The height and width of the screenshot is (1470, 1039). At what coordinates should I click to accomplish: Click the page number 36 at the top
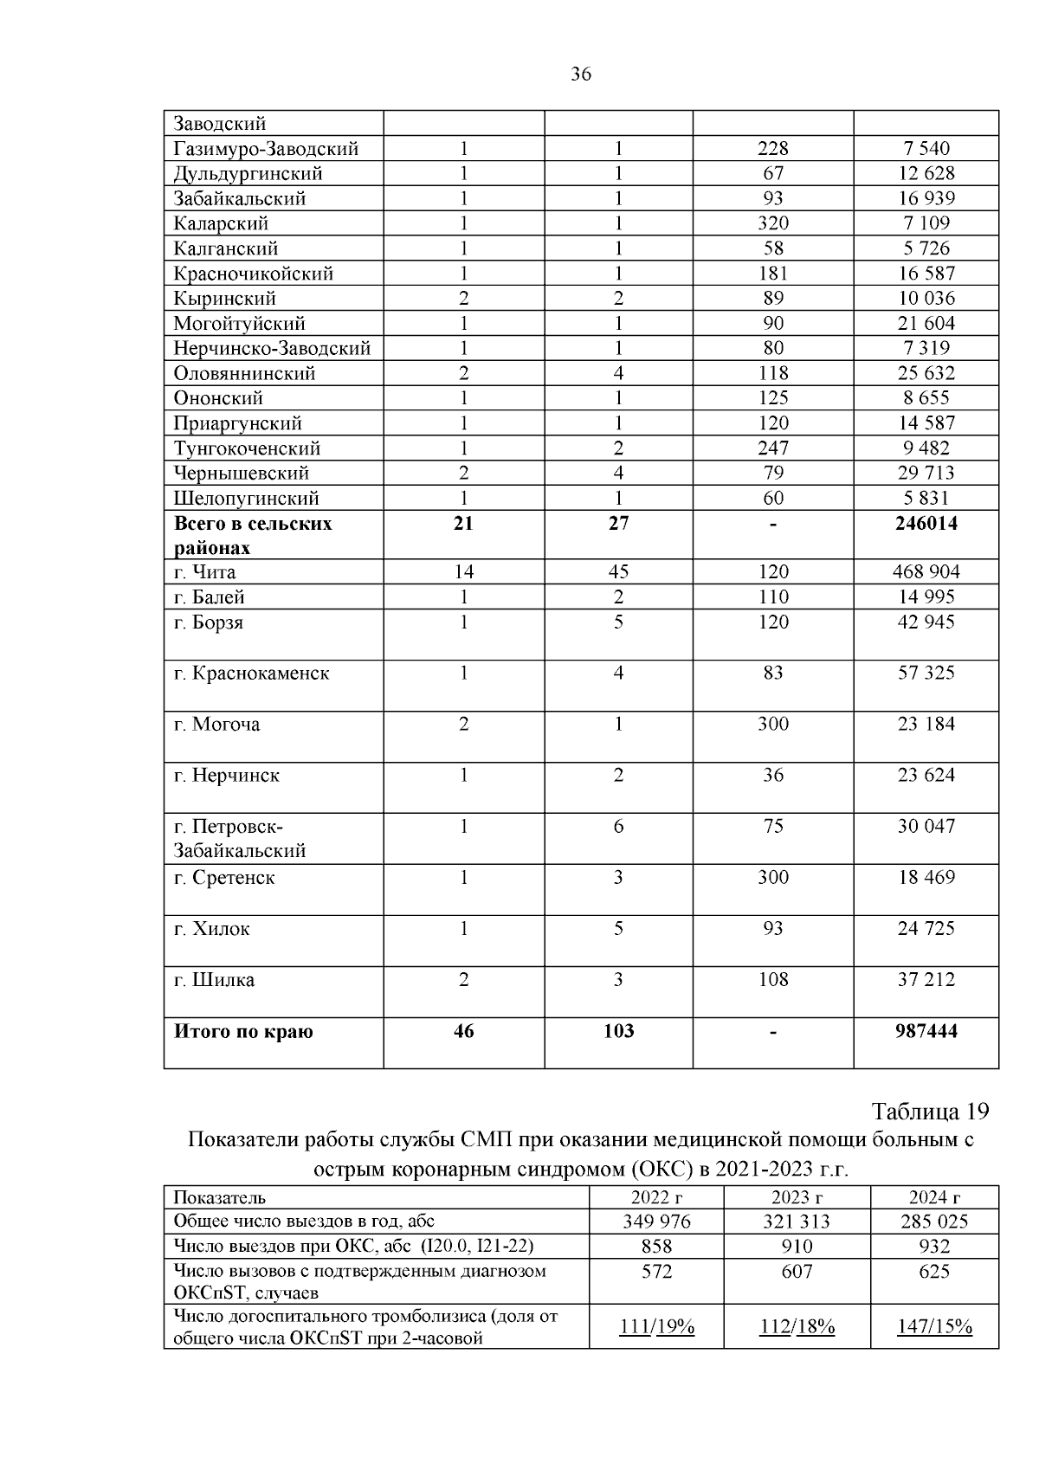581,75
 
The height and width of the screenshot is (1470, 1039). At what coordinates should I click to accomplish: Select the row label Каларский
221,223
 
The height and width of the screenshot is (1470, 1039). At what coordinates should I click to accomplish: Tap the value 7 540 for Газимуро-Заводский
926,149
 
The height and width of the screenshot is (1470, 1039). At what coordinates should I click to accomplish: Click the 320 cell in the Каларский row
772,223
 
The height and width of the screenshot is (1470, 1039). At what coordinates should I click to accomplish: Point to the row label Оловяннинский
244,373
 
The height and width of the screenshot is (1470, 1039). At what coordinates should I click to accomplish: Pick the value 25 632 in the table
926,373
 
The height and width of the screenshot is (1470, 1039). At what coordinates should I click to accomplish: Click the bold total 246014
926,523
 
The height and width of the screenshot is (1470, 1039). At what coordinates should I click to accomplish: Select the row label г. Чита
204,572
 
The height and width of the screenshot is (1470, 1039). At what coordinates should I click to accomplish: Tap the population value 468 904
926,572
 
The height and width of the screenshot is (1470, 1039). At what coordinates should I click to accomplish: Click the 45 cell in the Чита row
618,572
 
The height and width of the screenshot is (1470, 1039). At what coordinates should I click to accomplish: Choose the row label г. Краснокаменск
251,674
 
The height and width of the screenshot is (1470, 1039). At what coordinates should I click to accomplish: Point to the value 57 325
926,674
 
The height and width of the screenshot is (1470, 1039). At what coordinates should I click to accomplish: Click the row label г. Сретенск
224,878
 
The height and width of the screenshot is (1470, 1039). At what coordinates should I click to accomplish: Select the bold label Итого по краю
243,1031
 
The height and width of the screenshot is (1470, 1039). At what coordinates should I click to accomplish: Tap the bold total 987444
926,1031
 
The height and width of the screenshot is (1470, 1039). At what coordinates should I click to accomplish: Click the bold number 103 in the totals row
618,1031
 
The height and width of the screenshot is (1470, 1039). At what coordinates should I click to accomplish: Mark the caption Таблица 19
930,1112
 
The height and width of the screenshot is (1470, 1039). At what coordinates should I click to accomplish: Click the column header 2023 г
797,1197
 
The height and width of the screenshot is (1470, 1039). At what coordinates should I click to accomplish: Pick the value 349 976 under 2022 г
656,1222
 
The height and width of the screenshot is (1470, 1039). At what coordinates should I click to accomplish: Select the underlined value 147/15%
934,1327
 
